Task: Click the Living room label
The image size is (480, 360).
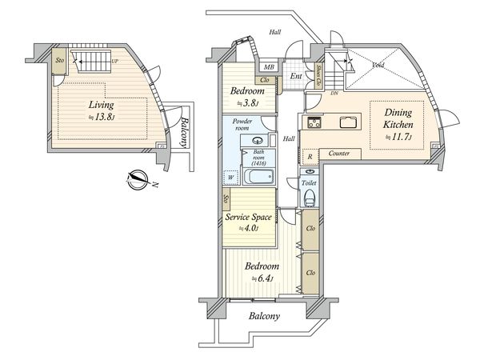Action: pyautogui.click(x=101, y=105)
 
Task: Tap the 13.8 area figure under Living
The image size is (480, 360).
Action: pyautogui.click(x=103, y=117)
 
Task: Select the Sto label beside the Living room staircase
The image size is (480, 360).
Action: pyautogui.click(x=59, y=60)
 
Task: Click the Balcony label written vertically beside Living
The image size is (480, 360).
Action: pyautogui.click(x=183, y=133)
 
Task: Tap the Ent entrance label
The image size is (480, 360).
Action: pyautogui.click(x=295, y=77)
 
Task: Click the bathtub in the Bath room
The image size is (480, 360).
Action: pyautogui.click(x=258, y=177)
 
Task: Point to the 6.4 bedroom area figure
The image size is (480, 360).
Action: pyautogui.click(x=262, y=278)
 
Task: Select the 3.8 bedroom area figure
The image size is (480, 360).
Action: pyautogui.click(x=253, y=102)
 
